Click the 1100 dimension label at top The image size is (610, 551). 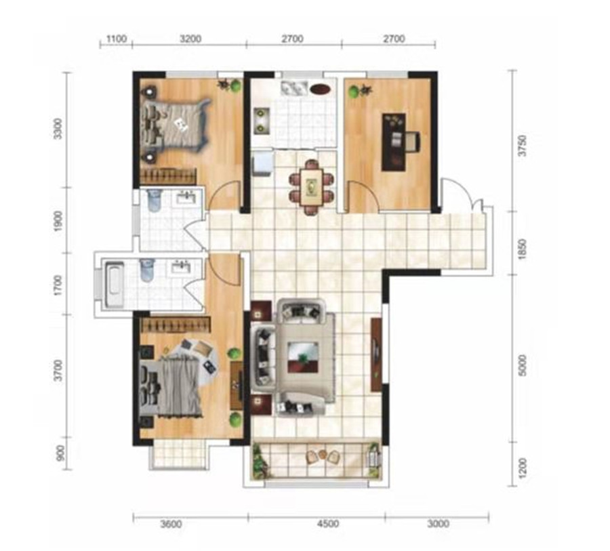click(x=117, y=39)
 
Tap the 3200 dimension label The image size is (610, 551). click(x=190, y=39)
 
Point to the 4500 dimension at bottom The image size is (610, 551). click(x=327, y=524)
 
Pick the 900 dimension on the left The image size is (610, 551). click(x=60, y=453)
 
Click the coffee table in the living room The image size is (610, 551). click(x=303, y=356)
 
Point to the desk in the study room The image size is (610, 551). click(x=394, y=142)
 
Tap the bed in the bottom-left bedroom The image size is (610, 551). click(x=171, y=388)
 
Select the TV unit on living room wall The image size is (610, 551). click(x=375, y=354)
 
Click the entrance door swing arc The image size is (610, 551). click(x=458, y=195)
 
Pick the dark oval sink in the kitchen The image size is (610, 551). click(x=321, y=89)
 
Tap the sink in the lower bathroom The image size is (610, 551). click(x=180, y=268)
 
